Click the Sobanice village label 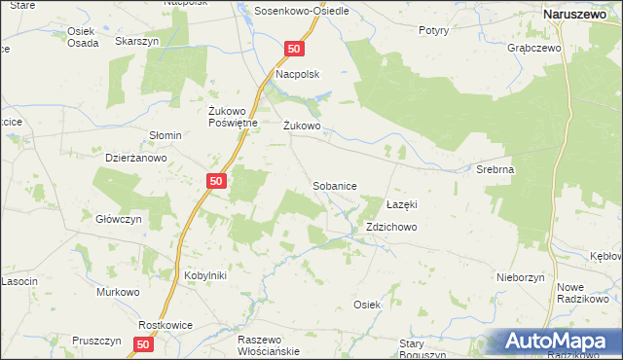(334, 185)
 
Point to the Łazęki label (401, 204)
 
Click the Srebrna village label (495, 168)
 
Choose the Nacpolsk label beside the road (298, 74)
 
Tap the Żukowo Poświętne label (233, 117)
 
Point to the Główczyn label (121, 219)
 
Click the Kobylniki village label (205, 275)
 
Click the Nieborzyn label (519, 277)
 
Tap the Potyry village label (433, 30)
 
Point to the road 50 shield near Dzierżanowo (218, 181)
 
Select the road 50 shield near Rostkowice (144, 343)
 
